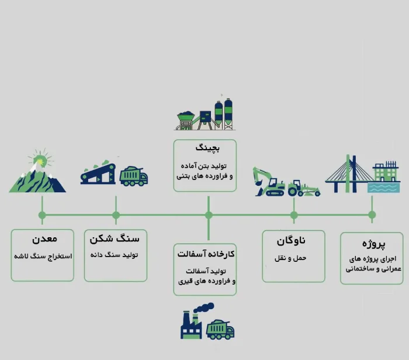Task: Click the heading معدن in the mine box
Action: click(42, 240)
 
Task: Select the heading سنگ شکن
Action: click(116, 240)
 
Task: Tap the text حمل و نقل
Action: click(293, 257)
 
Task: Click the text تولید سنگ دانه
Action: click(116, 255)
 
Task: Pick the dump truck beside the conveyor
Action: click(134, 175)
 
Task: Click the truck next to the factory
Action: click(220, 330)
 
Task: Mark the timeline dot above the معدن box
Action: click(42, 215)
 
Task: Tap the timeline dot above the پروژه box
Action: click(372, 215)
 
